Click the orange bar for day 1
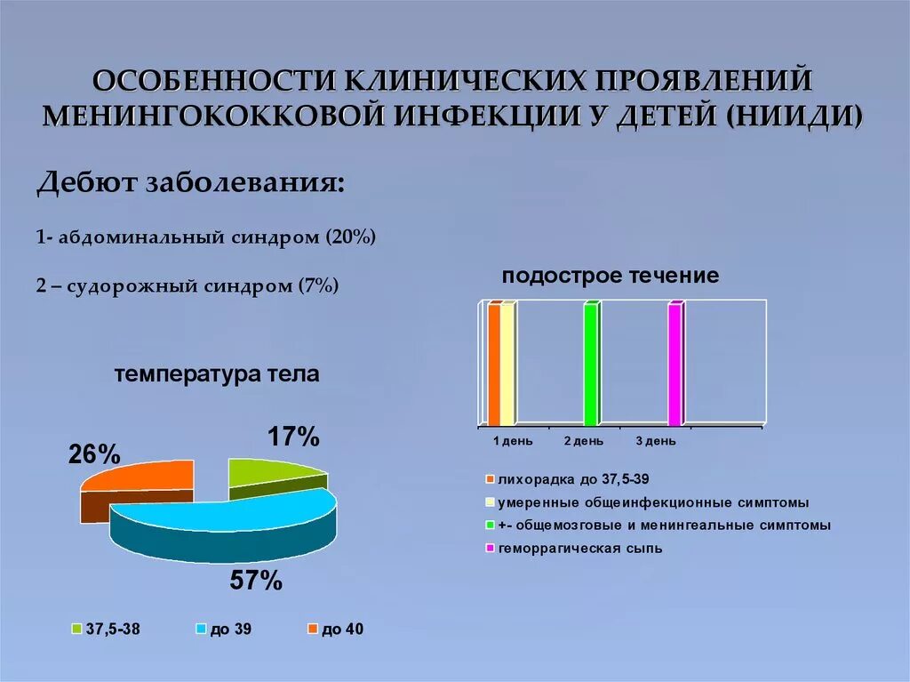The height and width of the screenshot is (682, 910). coord(494,365)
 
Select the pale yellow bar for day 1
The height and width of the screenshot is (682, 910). coord(507,365)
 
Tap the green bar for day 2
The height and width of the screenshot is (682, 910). coord(590,365)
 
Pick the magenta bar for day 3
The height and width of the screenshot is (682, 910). coord(675,365)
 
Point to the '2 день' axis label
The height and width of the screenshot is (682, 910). coord(583,441)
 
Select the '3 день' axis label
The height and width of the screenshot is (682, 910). coord(656,441)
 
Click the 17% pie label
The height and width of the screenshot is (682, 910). coord(292,437)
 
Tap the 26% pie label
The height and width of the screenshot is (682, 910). coord(94,454)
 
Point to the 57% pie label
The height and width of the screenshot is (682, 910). coord(256,582)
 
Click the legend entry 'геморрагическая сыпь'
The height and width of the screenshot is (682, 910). coord(579,549)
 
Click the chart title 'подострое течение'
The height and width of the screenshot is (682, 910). coord(610,276)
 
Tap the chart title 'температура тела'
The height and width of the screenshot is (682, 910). coord(216,374)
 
